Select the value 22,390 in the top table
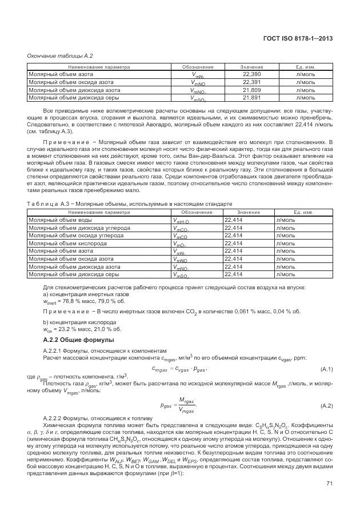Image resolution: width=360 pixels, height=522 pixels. point(251,75)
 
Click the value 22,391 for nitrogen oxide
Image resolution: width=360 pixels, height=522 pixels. point(251,82)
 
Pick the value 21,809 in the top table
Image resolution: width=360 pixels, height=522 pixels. point(251,90)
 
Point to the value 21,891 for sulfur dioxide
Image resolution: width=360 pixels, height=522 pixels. point(251,98)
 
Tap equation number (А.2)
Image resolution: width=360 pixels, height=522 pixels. point(326,405)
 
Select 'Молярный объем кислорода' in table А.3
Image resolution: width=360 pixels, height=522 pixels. point(63,243)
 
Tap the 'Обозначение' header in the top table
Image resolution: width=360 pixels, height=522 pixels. point(198,67)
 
